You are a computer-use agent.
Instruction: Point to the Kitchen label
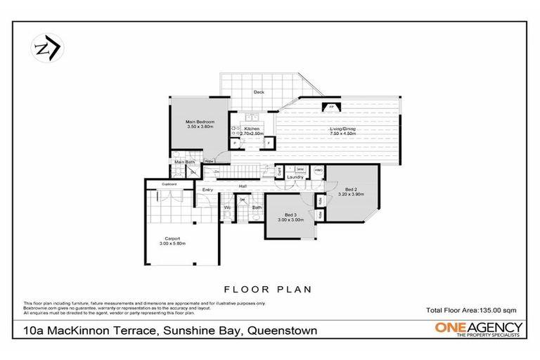(x=252, y=129)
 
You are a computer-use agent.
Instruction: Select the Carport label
(x=173, y=239)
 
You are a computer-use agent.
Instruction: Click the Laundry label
(x=295, y=177)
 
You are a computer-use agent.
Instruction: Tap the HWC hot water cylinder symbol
(x=318, y=169)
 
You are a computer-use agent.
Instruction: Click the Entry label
(x=207, y=190)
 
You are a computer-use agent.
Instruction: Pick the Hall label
(x=243, y=186)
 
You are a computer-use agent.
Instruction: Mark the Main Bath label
(x=185, y=162)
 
